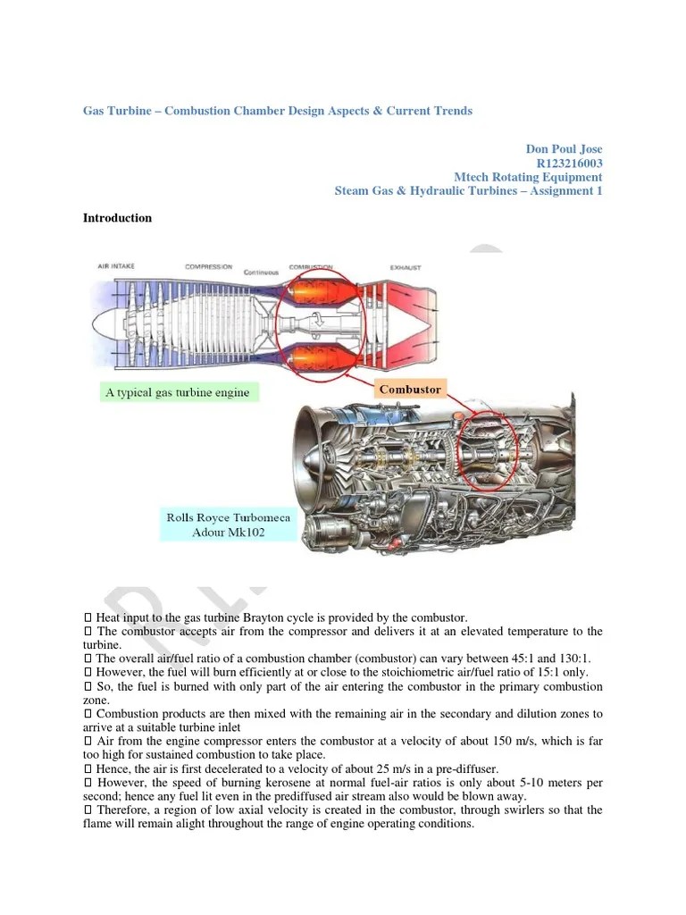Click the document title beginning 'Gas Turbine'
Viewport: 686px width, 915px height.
tap(278, 111)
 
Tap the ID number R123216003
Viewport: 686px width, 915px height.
tap(569, 163)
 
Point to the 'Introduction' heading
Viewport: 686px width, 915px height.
tap(117, 218)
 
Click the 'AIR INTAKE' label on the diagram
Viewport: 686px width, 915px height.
tap(117, 266)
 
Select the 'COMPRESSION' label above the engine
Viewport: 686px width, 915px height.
tap(208, 266)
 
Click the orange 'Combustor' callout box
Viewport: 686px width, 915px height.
tap(410, 390)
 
